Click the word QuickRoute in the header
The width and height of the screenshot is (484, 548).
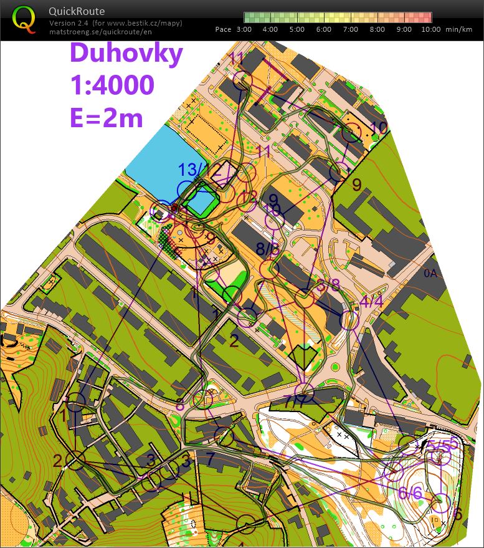[x=77, y=11]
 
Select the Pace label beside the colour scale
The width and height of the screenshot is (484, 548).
[x=223, y=29]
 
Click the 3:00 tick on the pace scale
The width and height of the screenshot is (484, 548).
[x=244, y=29]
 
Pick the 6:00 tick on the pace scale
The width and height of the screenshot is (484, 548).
[x=324, y=29]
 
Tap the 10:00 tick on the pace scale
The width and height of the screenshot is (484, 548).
[x=430, y=29]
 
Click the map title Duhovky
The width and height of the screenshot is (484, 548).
[x=126, y=53]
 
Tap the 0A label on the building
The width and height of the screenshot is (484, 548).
[x=431, y=272]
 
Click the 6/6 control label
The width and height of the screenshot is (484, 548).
[x=410, y=493]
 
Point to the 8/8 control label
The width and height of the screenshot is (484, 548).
[x=268, y=248]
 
